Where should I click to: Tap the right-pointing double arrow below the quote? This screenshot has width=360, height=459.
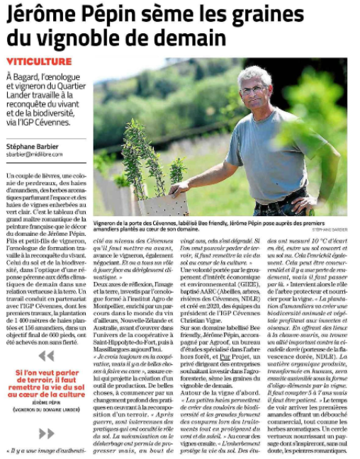[x=46, y=433]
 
